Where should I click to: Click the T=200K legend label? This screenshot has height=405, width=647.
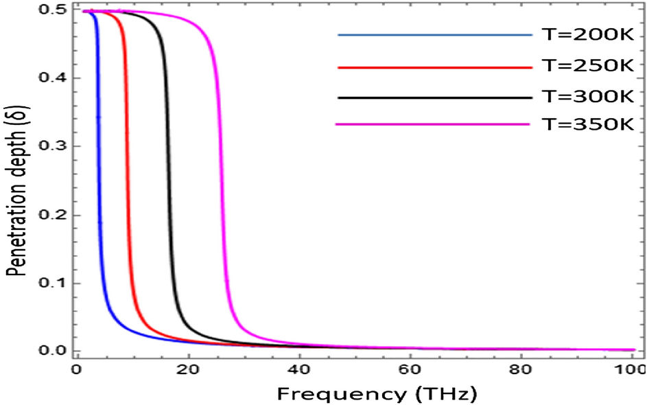pos(587,35)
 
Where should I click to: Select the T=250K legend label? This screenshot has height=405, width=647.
pos(587,67)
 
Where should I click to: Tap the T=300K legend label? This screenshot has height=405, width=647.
pos(587,97)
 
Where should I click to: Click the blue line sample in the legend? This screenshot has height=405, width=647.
pos(435,35)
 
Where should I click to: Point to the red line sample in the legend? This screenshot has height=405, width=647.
pos(435,67)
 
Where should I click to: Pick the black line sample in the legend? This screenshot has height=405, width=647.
pos(435,97)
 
